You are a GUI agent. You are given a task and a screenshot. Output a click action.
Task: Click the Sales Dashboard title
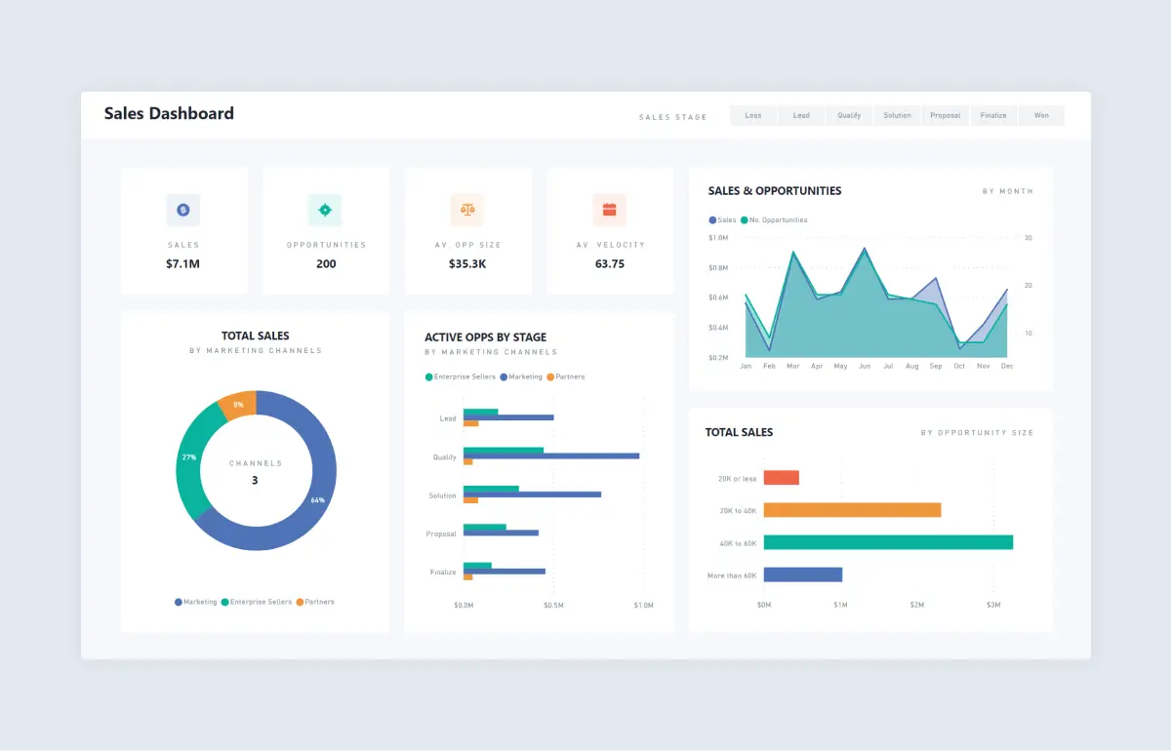(169, 113)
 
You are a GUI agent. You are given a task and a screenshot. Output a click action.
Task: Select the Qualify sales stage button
(849, 115)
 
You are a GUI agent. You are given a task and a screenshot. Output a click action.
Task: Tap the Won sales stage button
(1041, 115)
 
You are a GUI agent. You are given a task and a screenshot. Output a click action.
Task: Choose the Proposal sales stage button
(945, 115)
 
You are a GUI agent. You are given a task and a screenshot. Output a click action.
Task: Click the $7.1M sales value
(183, 264)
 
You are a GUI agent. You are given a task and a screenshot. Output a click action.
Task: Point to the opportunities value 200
(326, 264)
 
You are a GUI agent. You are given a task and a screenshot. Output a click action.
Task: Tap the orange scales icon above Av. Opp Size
(467, 209)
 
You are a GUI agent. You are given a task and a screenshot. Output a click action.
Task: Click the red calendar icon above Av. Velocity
(609, 209)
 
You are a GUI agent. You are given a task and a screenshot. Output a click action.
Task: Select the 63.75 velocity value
(610, 264)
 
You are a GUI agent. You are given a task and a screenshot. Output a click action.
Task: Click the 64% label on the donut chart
(317, 500)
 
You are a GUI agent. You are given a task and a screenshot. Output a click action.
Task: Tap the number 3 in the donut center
(255, 480)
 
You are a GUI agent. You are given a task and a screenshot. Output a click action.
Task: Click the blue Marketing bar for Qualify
(551, 455)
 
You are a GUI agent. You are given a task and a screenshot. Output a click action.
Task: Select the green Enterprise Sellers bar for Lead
(480, 412)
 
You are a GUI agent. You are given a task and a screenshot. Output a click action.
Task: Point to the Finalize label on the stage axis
(443, 573)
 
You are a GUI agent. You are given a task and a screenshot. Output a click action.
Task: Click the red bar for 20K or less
(781, 478)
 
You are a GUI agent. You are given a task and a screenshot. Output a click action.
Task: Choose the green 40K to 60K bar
(888, 542)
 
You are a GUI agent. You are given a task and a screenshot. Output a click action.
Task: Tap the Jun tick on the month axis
(865, 367)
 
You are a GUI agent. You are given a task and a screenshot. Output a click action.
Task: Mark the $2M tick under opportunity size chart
(916, 606)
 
